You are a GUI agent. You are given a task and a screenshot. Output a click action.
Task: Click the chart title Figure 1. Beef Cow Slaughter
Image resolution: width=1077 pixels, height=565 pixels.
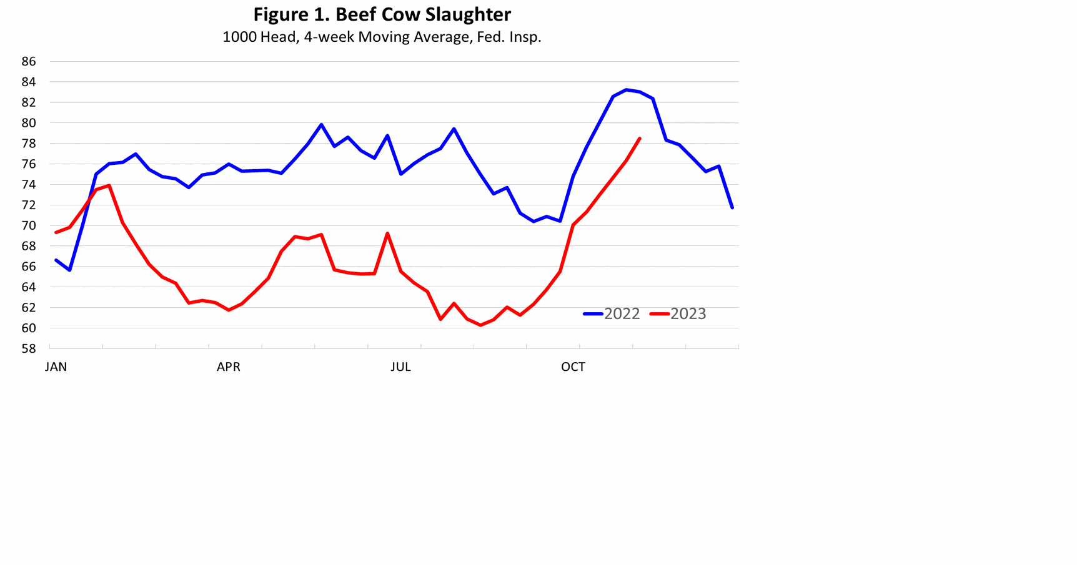[382, 14]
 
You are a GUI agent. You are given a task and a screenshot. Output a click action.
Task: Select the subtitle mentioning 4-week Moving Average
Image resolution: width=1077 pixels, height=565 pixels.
[382, 37]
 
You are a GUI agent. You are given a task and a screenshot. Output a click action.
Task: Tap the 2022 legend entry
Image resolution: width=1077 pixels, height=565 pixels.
[612, 314]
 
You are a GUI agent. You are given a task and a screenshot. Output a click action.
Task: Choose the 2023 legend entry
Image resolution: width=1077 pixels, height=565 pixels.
[679, 314]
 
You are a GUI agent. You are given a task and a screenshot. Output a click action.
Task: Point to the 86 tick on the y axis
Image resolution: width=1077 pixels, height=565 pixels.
[29, 61]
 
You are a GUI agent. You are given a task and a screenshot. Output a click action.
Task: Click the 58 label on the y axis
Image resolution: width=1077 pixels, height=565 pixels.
[29, 348]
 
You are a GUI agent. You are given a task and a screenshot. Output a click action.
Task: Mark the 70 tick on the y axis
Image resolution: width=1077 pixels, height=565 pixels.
[29, 225]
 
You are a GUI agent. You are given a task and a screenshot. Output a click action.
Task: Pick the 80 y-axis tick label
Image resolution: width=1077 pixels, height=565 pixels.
[29, 123]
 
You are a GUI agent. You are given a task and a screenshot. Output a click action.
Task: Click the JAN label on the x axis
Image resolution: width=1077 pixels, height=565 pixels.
[56, 367]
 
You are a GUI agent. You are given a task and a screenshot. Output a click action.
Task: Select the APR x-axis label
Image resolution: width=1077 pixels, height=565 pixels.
[228, 367]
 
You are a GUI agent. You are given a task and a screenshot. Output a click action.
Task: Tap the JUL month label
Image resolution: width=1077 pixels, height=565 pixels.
[400, 367]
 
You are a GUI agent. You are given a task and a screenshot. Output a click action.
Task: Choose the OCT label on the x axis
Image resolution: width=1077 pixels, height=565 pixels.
[573, 367]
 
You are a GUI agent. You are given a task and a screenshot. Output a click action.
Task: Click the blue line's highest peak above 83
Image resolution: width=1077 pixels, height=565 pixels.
[627, 90]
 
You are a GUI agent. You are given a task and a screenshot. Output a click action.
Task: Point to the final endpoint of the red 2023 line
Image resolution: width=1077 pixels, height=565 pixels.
[640, 139]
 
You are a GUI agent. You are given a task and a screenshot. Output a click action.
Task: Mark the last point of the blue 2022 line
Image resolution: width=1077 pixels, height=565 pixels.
[732, 207]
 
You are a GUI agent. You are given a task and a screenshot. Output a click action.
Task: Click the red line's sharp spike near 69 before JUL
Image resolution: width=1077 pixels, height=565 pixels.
[387, 233]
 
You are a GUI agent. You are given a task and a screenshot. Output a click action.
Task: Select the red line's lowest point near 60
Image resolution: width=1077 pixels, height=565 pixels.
[480, 325]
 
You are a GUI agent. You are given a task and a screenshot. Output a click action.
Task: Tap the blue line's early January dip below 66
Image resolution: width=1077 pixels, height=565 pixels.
[69, 270]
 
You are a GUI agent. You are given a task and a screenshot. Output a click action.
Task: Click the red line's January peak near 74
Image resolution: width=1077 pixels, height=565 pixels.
[109, 185]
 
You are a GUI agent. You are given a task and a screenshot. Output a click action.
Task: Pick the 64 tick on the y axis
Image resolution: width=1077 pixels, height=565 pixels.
[29, 287]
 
